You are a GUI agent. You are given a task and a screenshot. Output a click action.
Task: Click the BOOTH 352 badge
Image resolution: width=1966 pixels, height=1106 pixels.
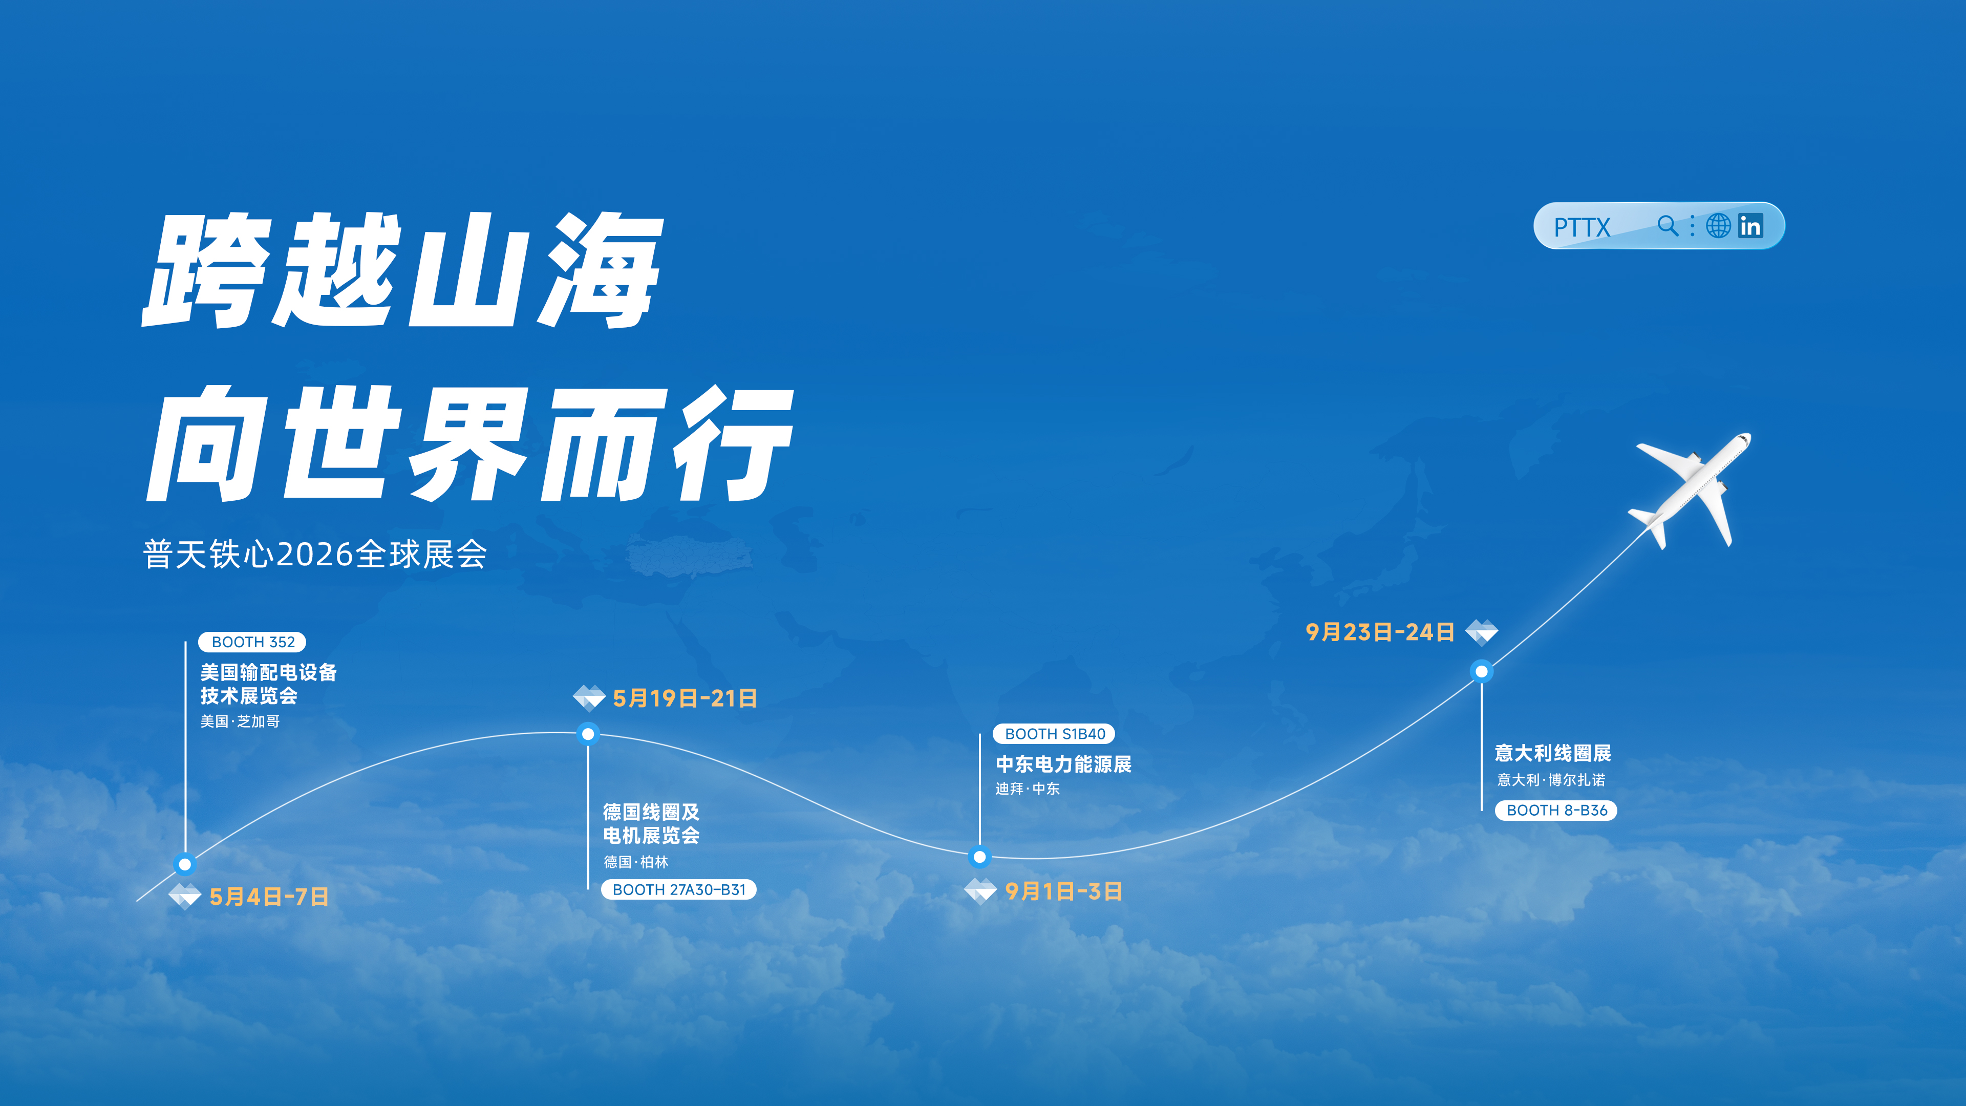252,642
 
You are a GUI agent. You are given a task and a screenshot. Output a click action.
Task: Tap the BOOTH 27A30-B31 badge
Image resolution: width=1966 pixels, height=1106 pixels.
678,889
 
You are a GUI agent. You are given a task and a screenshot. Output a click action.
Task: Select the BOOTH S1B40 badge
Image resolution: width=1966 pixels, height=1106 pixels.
1054,734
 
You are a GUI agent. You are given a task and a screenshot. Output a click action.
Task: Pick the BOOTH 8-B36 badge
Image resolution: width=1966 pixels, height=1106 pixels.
1556,810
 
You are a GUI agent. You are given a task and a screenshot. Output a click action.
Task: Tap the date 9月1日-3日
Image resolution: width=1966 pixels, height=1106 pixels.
1063,891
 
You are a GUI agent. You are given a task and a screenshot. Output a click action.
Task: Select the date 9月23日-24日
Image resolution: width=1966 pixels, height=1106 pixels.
1380,632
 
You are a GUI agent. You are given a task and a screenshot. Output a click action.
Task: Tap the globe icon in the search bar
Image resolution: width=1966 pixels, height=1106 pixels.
1718,226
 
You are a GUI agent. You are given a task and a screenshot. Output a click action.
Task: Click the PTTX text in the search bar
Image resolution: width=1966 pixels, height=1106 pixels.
1582,227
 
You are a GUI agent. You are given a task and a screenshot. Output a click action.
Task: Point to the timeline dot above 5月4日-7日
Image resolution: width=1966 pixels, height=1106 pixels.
185,864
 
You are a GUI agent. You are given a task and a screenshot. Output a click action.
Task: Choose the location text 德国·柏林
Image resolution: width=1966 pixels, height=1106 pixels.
636,862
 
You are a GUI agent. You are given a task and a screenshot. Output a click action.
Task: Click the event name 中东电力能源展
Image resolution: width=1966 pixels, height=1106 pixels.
1063,764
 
